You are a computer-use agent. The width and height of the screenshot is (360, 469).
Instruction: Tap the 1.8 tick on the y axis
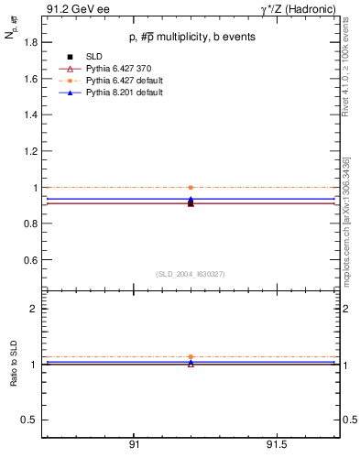click(x=31, y=43)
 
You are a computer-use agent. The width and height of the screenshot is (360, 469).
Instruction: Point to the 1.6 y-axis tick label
click(x=31, y=79)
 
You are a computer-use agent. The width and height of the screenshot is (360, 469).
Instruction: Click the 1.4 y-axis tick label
click(x=31, y=115)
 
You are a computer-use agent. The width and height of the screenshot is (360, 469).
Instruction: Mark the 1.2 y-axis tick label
click(x=31, y=151)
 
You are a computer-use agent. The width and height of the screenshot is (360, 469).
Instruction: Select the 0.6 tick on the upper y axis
click(x=31, y=260)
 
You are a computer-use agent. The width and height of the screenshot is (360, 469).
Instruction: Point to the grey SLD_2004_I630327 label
click(x=190, y=274)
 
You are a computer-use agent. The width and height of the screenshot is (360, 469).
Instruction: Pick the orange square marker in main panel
click(x=191, y=187)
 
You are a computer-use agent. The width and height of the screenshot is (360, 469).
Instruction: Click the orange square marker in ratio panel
click(x=191, y=357)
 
